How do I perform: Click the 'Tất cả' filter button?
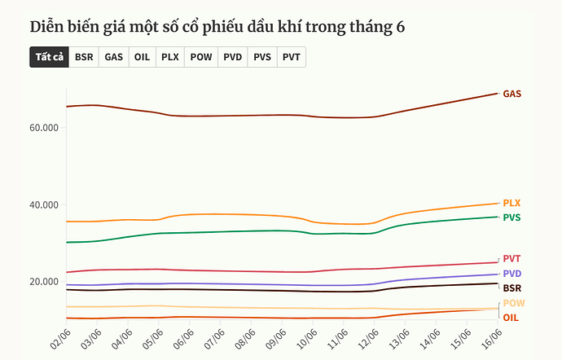click(x=50, y=57)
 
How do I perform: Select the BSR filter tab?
click(x=84, y=57)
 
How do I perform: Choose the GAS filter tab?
click(x=114, y=57)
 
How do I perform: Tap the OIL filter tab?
click(x=142, y=57)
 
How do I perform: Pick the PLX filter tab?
click(x=169, y=57)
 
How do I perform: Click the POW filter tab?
click(x=201, y=57)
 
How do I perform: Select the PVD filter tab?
click(x=233, y=57)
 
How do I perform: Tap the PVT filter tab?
click(x=292, y=57)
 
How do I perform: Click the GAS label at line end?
click(x=512, y=94)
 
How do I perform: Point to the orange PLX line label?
click(x=512, y=203)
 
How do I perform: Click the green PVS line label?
click(x=512, y=217)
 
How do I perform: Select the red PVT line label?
click(x=512, y=259)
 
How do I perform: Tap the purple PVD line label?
click(x=512, y=274)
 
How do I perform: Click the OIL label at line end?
click(x=511, y=317)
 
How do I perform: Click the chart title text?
click(x=217, y=26)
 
